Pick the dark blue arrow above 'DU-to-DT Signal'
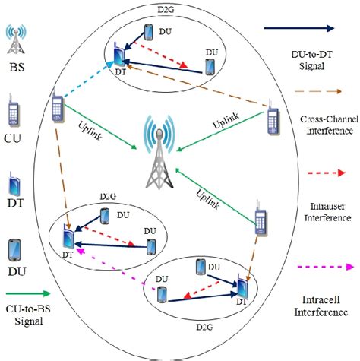(301, 28)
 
